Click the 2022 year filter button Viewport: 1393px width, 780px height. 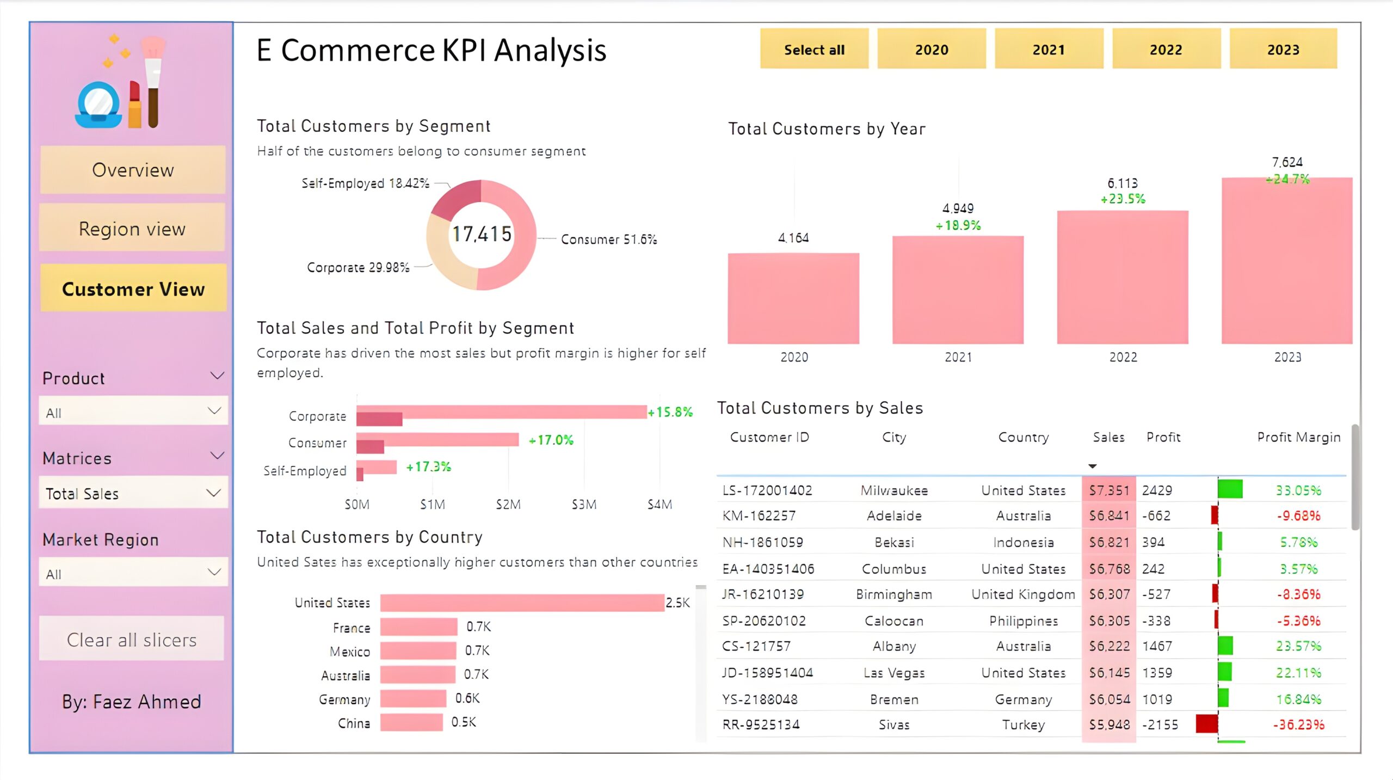[1166, 50]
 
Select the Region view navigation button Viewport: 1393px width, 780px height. [132, 229]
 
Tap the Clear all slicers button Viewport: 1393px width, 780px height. [132, 640]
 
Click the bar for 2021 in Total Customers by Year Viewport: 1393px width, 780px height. [958, 290]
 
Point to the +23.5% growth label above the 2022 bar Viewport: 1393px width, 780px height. [1123, 199]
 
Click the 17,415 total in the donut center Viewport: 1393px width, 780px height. [482, 234]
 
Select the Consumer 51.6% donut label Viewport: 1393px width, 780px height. [608, 239]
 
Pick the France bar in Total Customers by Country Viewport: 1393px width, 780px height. [418, 627]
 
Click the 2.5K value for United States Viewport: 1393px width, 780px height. [677, 603]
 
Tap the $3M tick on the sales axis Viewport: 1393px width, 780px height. [584, 505]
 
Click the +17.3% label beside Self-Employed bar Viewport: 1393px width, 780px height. [428, 467]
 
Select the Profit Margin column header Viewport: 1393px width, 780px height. [1298, 437]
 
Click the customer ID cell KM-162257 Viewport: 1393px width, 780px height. [759, 516]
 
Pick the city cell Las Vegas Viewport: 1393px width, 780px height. [894, 673]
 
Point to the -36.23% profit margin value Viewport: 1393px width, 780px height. [1298, 725]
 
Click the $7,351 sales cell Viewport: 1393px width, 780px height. [1109, 490]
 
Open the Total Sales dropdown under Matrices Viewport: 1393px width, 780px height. [133, 493]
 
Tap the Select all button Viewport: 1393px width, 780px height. [814, 50]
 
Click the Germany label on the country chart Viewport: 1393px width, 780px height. [344, 699]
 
